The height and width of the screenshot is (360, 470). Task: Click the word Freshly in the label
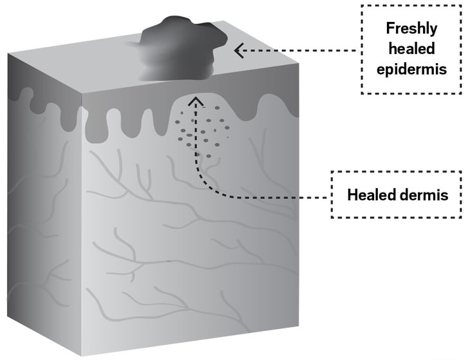410,28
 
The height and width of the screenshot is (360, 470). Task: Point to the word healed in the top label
410,49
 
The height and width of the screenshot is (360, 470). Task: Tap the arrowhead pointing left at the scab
239,50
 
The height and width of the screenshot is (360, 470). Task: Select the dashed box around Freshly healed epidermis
410,6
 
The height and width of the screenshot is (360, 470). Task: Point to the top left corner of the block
8,53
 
